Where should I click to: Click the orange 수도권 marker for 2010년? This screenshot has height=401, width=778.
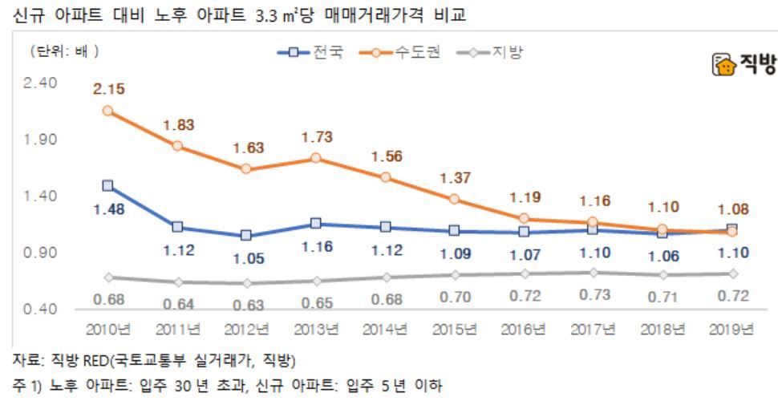107,111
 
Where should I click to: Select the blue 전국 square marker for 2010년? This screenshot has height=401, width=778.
107,185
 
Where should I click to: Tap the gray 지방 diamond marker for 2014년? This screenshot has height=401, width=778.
385,277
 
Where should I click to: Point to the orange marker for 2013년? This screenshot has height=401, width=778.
316,158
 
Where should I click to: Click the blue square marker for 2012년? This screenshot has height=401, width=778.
246,235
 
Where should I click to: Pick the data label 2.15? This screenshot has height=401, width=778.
107,89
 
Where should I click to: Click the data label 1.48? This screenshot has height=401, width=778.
107,210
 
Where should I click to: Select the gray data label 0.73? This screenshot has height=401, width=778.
594,294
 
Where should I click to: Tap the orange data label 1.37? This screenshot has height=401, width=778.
456,177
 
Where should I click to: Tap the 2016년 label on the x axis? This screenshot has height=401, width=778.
525,329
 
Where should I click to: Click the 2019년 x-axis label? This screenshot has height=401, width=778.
733,329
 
